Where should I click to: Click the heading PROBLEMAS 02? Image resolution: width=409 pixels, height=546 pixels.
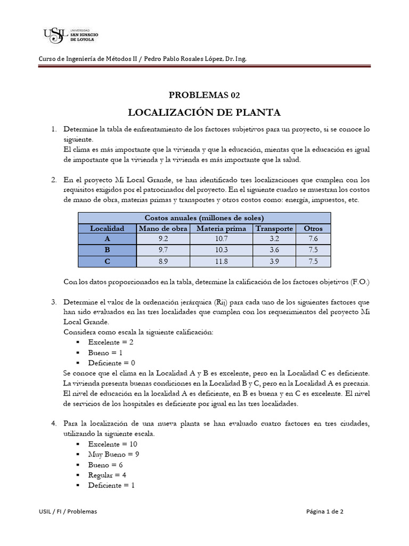(x=204, y=95)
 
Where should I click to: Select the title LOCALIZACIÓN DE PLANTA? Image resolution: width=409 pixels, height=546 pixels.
(x=204, y=113)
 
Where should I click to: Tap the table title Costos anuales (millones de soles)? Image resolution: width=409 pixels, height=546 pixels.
(x=204, y=218)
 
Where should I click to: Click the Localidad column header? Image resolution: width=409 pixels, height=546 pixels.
(x=107, y=228)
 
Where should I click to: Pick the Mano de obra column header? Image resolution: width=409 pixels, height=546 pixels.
(x=163, y=228)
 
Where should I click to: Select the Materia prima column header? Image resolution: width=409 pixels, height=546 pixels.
(x=221, y=228)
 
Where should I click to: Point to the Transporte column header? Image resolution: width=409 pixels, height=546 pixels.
(x=274, y=228)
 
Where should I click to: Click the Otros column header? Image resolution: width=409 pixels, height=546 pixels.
(x=313, y=228)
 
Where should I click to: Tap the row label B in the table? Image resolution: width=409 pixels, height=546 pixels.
(x=107, y=250)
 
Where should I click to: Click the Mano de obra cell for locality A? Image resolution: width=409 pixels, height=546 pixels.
(x=163, y=239)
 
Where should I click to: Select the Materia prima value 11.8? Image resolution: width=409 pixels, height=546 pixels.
(x=221, y=261)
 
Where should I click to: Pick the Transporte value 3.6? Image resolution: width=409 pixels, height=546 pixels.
(x=274, y=250)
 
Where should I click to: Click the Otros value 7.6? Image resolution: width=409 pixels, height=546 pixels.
(x=313, y=239)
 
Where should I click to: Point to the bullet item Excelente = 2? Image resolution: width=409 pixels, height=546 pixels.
(x=110, y=342)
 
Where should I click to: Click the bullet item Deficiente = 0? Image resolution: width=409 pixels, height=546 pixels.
(x=112, y=363)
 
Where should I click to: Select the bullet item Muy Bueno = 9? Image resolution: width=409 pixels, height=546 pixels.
(x=114, y=454)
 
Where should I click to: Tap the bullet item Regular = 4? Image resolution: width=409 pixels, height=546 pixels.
(x=107, y=475)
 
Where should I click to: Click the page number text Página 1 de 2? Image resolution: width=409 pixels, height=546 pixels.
(x=325, y=511)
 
